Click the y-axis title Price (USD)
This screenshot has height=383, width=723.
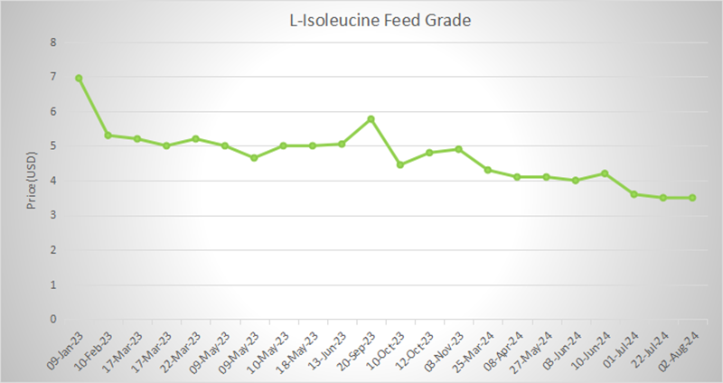31,180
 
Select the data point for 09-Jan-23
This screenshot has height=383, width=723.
79,78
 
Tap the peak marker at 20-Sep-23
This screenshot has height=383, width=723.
371,118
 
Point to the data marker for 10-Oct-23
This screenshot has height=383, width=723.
400,164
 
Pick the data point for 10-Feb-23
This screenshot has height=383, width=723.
108,135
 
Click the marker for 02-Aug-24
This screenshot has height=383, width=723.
692,198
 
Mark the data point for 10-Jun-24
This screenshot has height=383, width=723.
605,173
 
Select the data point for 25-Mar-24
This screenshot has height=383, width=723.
488,170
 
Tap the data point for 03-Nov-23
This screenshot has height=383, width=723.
458,149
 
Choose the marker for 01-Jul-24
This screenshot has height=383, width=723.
634,194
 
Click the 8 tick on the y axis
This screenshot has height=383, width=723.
53,42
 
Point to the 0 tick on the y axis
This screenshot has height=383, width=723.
53,319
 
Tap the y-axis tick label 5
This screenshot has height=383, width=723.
53,146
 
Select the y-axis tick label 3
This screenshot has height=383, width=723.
53,215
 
